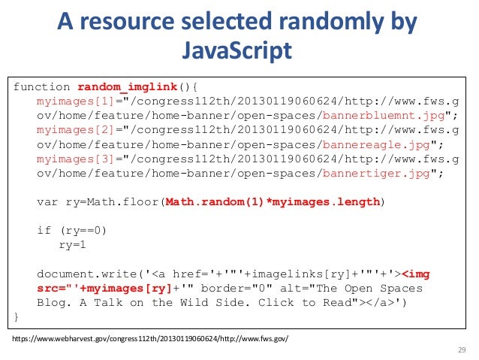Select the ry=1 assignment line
[74, 244]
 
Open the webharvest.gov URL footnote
[149, 340]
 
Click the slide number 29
[461, 350]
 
